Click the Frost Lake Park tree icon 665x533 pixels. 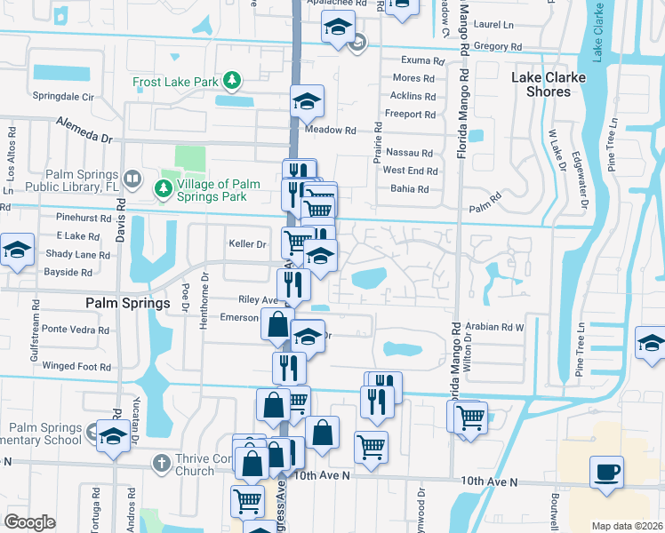(x=232, y=82)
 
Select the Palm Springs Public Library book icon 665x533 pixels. (x=132, y=179)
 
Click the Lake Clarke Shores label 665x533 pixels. (x=549, y=84)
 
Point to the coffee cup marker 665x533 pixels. (x=606, y=472)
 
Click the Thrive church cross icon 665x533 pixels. (x=161, y=463)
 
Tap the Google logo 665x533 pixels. (x=30, y=521)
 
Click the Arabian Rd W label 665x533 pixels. (x=495, y=326)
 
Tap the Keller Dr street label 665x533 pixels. (x=248, y=243)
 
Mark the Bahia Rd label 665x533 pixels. (x=409, y=188)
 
